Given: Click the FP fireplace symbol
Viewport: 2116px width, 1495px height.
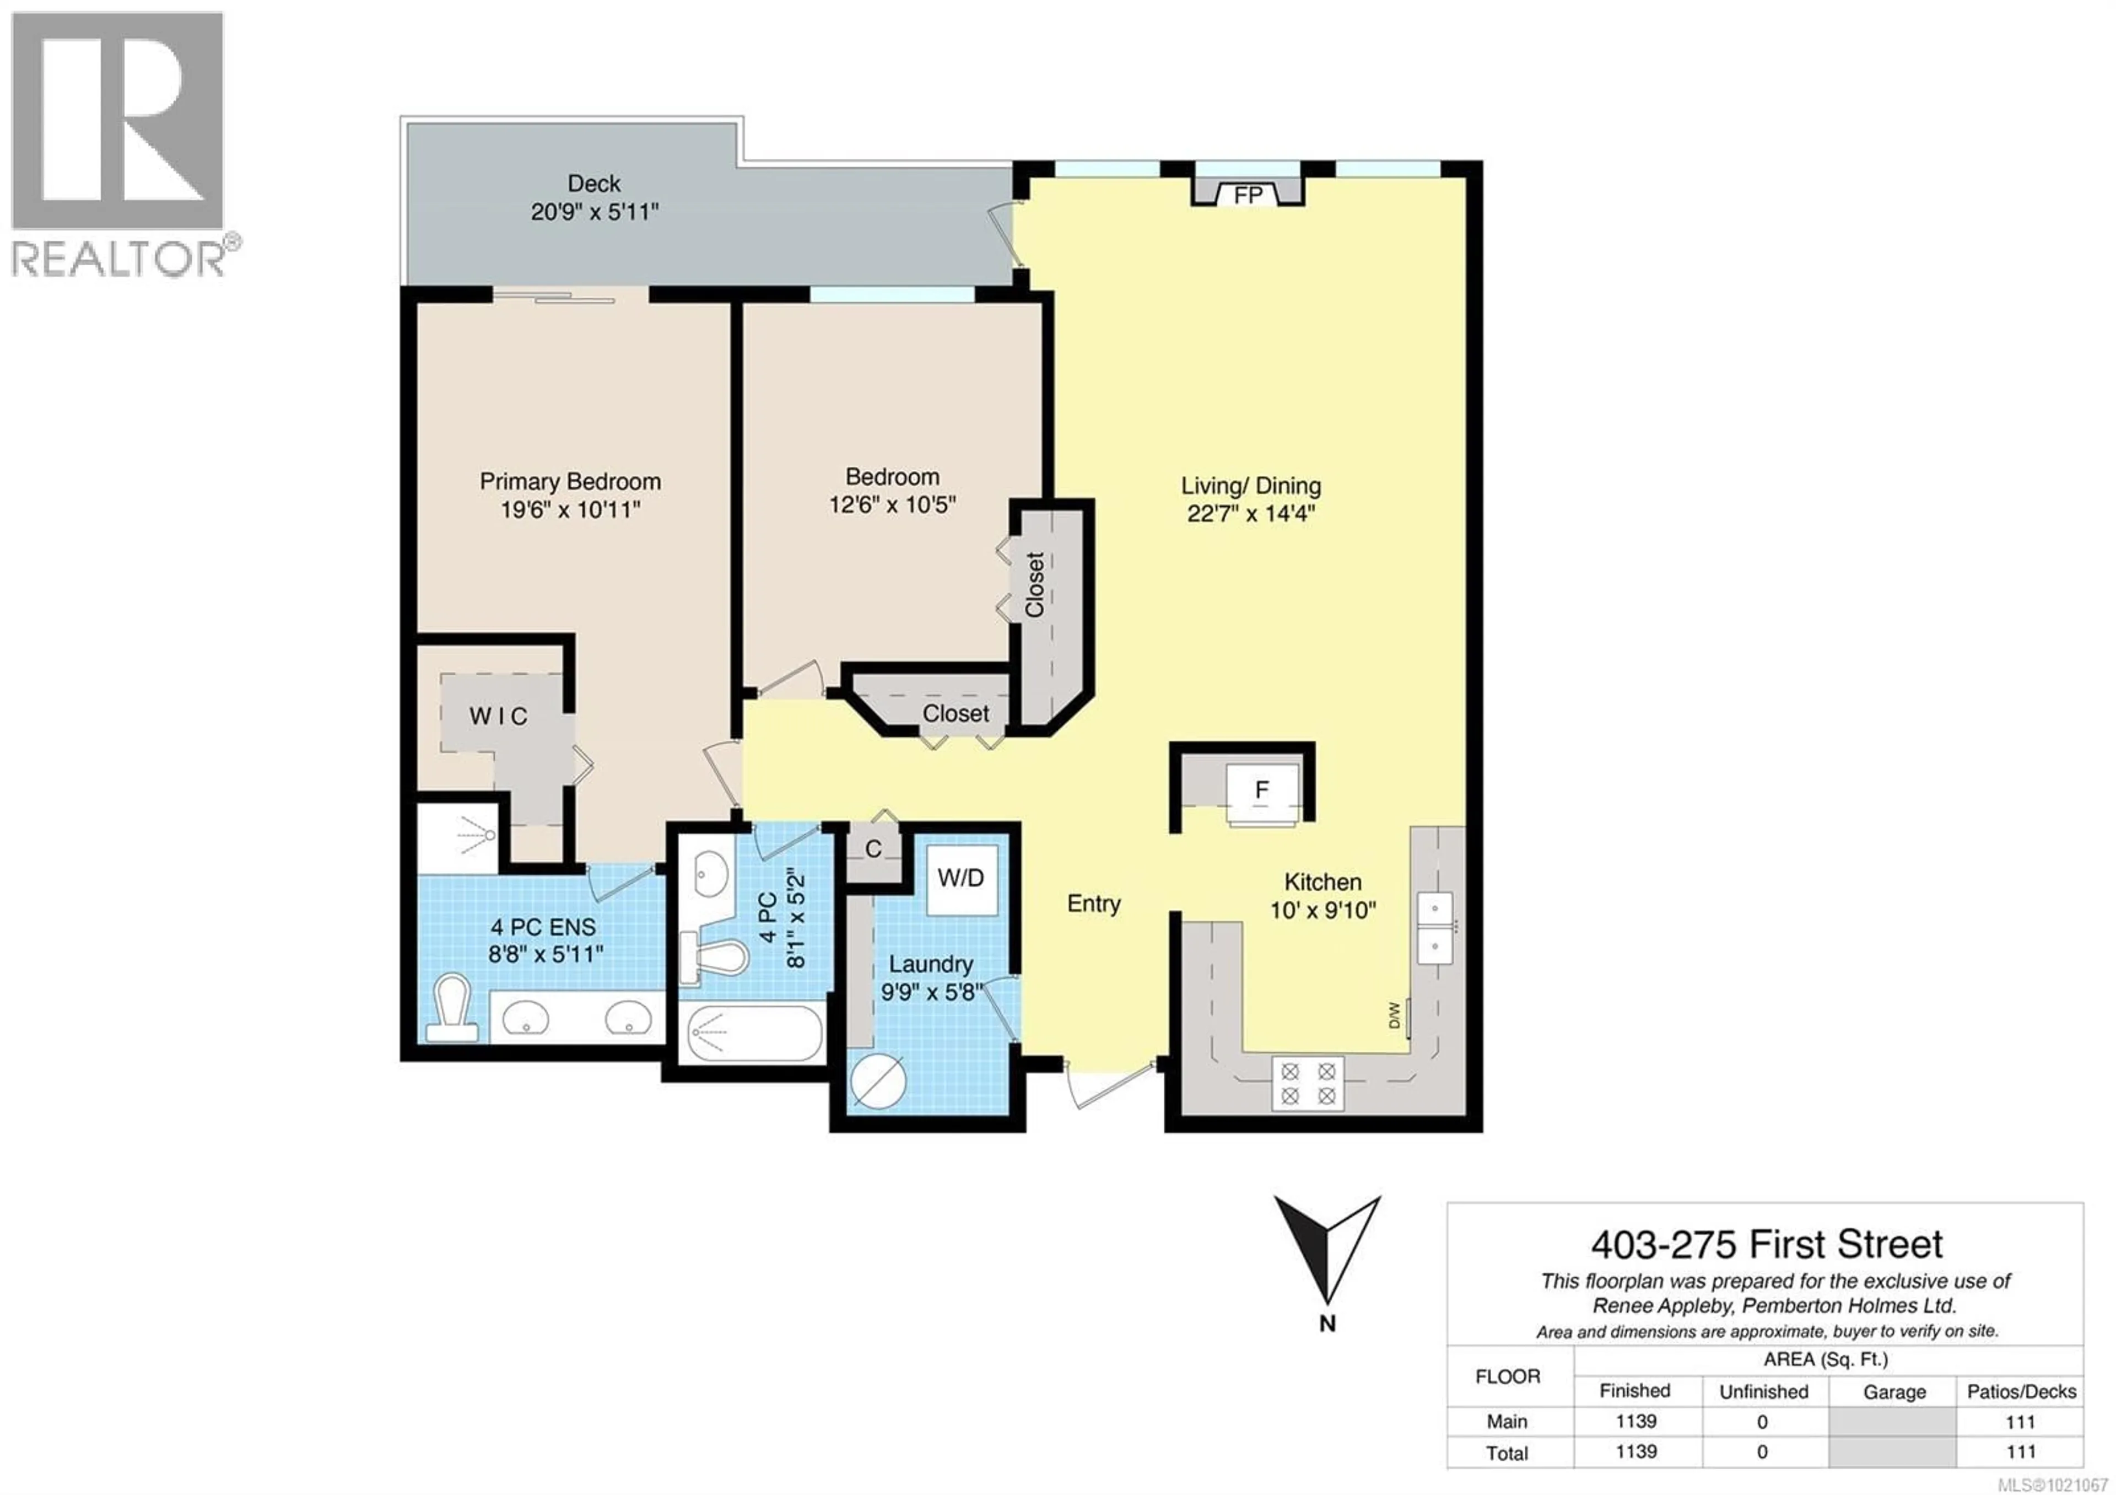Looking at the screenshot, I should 1248,195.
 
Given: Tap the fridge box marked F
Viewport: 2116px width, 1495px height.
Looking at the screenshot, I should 1262,790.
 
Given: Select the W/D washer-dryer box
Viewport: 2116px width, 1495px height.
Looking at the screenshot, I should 961,878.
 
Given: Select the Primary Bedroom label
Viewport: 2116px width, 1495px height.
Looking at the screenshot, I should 570,481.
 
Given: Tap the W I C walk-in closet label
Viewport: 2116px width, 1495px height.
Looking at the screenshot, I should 499,716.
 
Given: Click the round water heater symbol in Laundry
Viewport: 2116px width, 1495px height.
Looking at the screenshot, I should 878,1080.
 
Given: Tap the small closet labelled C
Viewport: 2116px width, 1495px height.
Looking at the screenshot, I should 873,848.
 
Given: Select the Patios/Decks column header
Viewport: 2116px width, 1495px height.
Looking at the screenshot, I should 2021,1391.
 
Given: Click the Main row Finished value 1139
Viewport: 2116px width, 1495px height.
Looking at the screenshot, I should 1636,1421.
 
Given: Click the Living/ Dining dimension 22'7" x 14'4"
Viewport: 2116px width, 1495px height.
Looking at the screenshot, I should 1251,513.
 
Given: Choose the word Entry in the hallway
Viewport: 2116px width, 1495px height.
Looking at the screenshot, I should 1094,904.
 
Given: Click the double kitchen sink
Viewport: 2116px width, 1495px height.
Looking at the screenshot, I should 1434,927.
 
